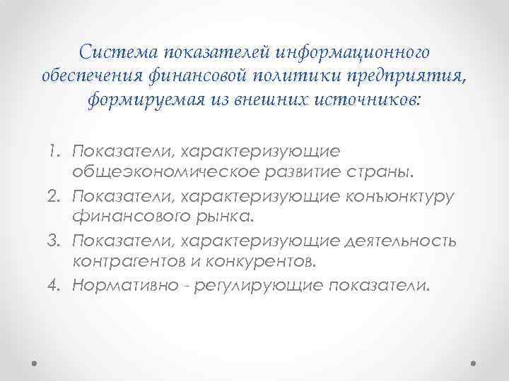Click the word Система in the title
click(x=118, y=52)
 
